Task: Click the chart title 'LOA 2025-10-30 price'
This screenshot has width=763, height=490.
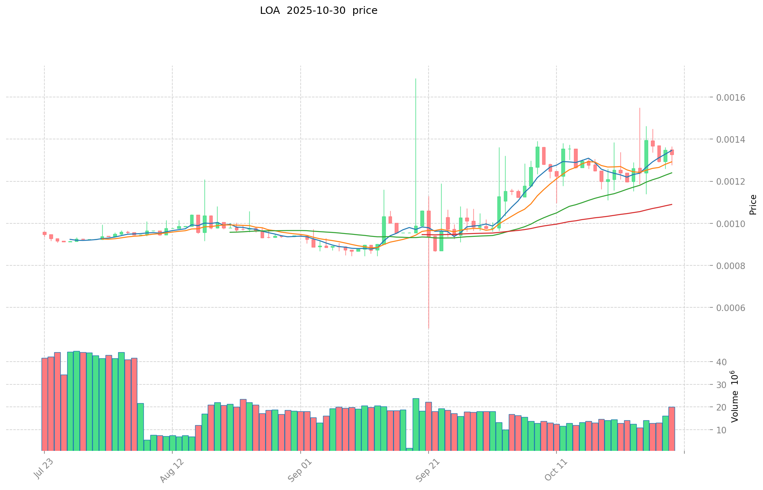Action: (319, 11)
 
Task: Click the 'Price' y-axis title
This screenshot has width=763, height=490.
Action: (753, 205)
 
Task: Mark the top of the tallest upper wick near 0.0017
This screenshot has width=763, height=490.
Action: (416, 79)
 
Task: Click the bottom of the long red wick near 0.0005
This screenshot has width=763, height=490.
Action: (429, 329)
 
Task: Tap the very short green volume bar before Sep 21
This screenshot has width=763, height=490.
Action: (409, 449)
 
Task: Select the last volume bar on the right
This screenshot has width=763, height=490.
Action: (672, 428)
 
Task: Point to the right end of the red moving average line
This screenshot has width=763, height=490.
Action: (672, 204)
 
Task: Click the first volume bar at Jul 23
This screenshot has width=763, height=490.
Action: (44, 404)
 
